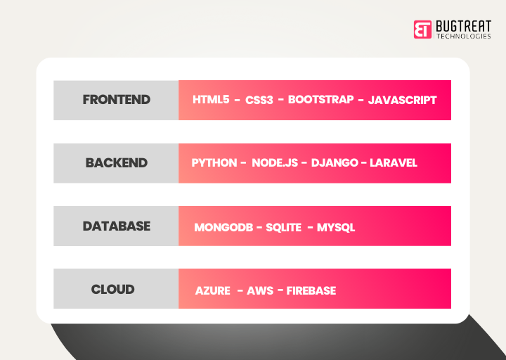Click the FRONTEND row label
point(117,100)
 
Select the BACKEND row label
point(117,163)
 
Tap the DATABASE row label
point(117,226)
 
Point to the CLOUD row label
point(112,290)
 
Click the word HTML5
point(212,100)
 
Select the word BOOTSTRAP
point(320,100)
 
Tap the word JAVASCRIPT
point(402,100)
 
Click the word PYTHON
point(214,163)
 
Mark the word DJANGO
point(333,163)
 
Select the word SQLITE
point(283,228)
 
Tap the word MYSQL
point(336,228)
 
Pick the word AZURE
point(213,291)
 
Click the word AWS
point(260,291)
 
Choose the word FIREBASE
point(311,291)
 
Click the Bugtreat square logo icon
point(422,29)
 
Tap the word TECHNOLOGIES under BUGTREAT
point(463,36)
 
